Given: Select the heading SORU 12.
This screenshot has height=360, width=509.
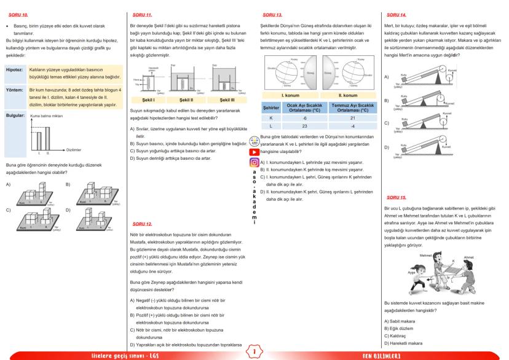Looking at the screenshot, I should click(142, 224).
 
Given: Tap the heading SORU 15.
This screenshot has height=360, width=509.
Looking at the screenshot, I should click(393, 198).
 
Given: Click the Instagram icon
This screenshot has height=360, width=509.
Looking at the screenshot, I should click(254, 163).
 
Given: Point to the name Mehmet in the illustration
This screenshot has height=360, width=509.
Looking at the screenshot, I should click(409, 254).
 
